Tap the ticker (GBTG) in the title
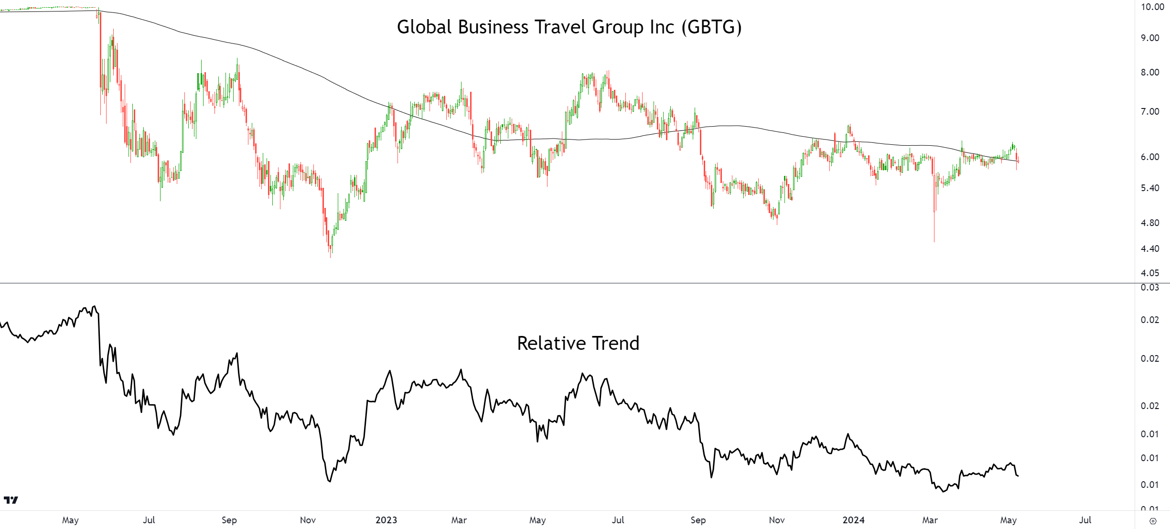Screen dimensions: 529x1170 point(711,27)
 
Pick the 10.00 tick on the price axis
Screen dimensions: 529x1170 point(1152,7)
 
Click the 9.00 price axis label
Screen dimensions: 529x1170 point(1150,38)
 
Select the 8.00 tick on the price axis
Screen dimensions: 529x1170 point(1150,73)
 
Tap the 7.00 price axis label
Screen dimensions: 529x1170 point(1150,112)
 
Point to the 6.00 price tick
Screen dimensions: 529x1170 point(1150,157)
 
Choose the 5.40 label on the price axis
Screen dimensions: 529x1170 point(1150,188)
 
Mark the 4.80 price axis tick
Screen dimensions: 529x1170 point(1150,223)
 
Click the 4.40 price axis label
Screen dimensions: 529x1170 point(1150,249)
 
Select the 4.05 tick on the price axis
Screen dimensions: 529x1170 point(1150,273)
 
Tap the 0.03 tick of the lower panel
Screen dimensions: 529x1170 point(1150,288)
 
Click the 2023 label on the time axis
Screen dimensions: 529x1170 point(386,520)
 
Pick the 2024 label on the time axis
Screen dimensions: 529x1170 point(853,520)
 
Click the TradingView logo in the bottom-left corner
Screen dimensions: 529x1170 point(11,500)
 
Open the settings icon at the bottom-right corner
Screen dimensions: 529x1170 point(1153,521)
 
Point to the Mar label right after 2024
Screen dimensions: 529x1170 point(930,520)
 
